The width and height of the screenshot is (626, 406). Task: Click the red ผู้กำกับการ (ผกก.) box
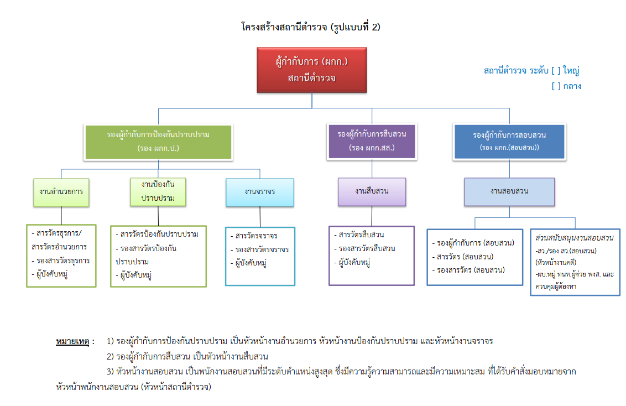[x=311, y=70]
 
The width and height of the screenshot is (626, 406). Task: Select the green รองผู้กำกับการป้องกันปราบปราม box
[x=158, y=142]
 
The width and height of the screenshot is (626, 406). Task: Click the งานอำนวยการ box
[x=61, y=191]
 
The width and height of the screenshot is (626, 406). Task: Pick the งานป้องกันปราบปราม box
[x=158, y=191]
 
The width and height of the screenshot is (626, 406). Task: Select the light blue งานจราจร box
[x=260, y=191]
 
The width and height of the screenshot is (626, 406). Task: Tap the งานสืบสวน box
[x=372, y=191]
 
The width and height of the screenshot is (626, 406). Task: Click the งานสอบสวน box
[x=509, y=192]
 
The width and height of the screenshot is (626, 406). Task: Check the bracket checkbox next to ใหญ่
[x=556, y=71]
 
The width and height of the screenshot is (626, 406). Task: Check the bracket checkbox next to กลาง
[x=556, y=86]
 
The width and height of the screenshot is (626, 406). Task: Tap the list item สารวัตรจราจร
[x=256, y=236]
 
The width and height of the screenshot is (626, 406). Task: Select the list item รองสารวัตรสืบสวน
[x=367, y=248]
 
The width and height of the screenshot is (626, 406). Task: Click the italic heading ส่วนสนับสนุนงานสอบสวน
[x=575, y=238]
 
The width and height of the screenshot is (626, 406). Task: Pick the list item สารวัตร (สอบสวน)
[x=465, y=257]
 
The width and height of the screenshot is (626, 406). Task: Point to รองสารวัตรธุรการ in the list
[x=62, y=261]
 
